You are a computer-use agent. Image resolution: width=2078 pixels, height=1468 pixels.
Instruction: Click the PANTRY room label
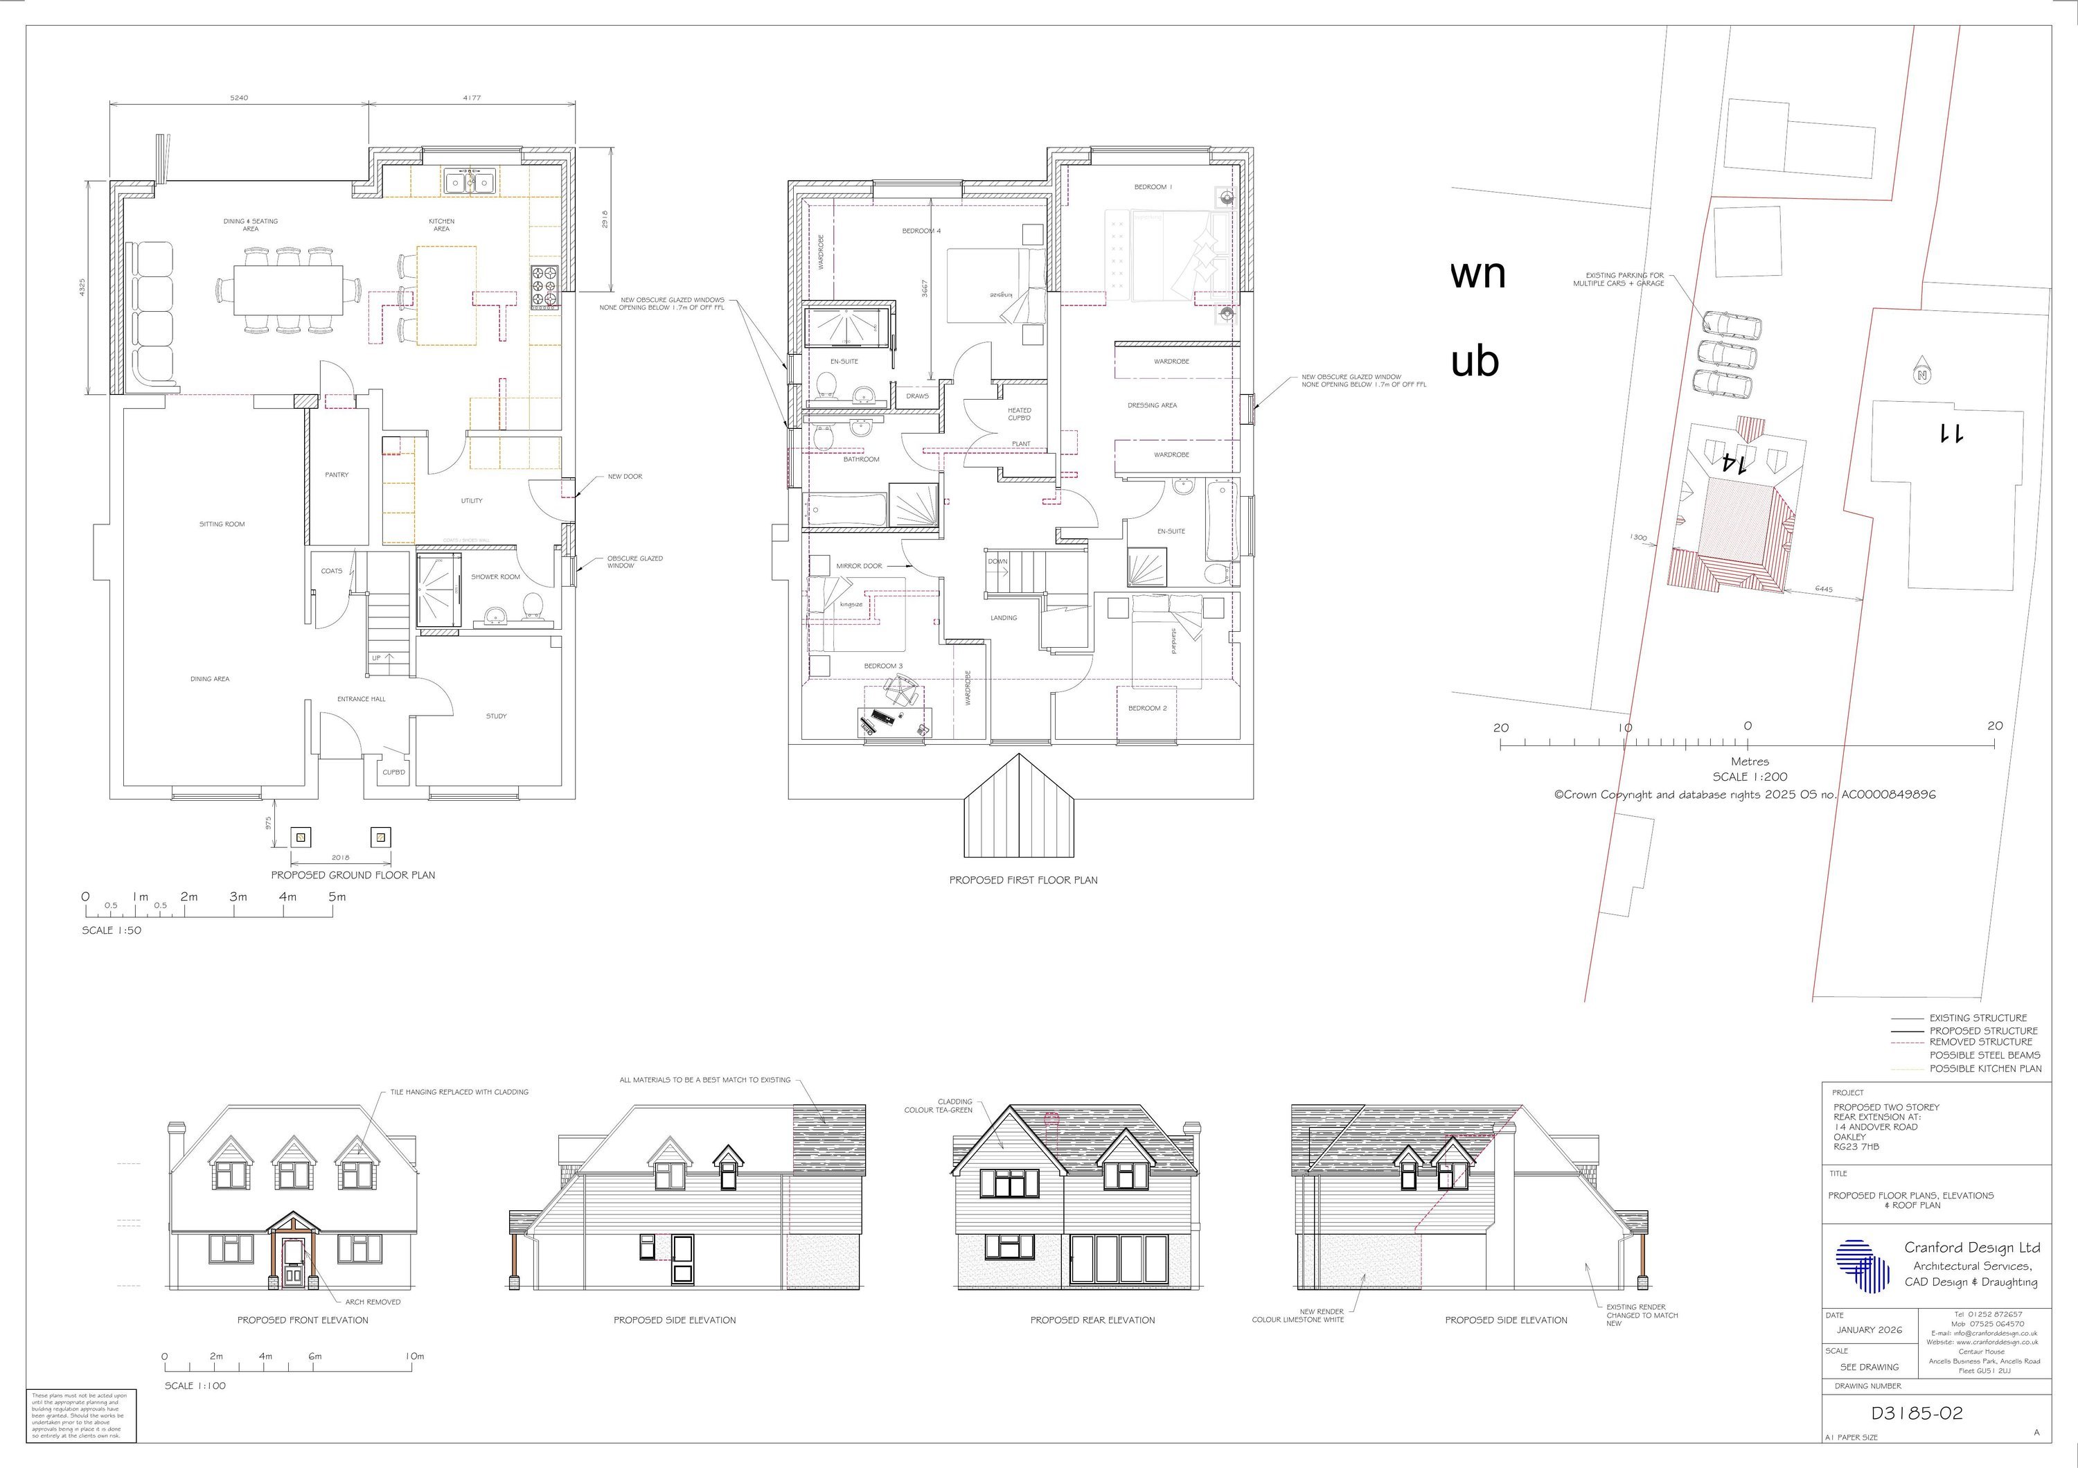[337, 475]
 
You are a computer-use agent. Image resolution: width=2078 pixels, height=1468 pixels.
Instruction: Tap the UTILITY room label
[472, 500]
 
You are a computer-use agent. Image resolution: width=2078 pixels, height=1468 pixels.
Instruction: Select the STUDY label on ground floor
[496, 716]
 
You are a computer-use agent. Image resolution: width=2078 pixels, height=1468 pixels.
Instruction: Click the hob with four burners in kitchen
[546, 288]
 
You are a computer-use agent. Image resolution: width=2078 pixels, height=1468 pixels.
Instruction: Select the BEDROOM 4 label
[921, 231]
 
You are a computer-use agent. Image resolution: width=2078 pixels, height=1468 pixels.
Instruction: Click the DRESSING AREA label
[1152, 405]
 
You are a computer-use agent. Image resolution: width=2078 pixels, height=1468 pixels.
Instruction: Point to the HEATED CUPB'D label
[1019, 414]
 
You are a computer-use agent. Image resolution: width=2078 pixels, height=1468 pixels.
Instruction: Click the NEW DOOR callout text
[625, 476]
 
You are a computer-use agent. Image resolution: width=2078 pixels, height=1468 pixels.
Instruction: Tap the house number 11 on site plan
[1948, 434]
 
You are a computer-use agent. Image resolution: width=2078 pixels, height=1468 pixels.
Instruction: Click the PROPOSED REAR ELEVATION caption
[1092, 1320]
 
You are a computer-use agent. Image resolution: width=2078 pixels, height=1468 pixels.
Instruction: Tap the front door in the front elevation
[292, 1262]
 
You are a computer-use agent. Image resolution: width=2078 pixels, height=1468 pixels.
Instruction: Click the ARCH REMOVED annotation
[372, 1302]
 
